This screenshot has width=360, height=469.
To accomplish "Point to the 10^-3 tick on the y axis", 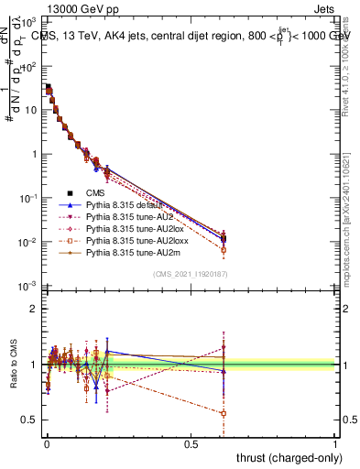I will (x=27, y=287).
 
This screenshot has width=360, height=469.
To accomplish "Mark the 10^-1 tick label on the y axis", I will (x=27, y=198).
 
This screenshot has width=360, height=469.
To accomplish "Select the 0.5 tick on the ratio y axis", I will (x=30, y=420).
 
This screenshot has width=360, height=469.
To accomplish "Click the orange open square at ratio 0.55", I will (x=224, y=414).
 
